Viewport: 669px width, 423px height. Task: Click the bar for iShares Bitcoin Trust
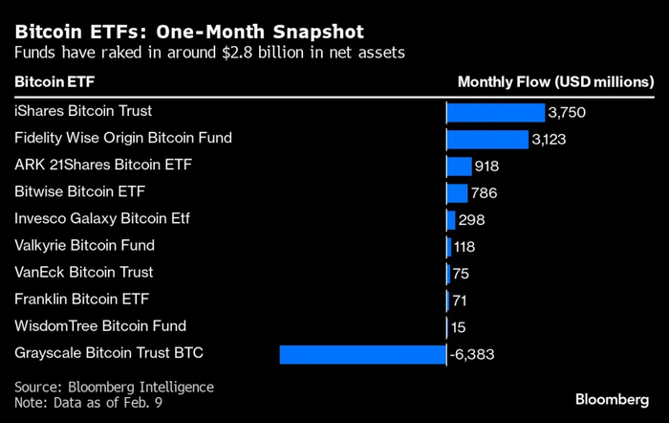pos(495,113)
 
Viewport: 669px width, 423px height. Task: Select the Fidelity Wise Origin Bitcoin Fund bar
pos(487,140)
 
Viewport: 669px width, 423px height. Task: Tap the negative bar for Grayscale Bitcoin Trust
pos(362,354)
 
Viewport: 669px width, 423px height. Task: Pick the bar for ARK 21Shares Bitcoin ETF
pos(460,167)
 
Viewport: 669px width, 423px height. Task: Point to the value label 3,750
pos(566,113)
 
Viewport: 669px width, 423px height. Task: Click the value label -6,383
pos(472,355)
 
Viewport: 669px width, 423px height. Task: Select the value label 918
pos(486,167)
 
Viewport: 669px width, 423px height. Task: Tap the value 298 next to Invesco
pos(471,220)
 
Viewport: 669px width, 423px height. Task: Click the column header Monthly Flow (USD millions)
pos(555,82)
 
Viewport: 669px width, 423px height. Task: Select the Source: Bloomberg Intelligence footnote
pos(114,386)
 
